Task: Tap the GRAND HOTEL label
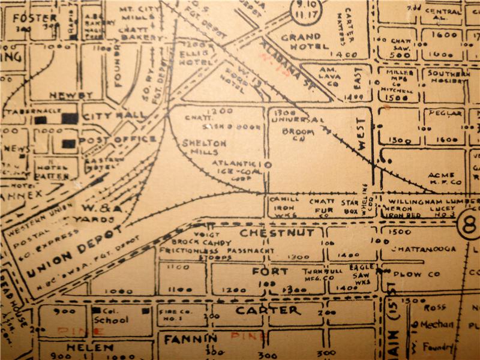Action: [309, 41]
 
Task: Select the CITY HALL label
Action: [114, 115]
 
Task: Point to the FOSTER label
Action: [34, 18]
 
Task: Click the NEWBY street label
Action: [71, 95]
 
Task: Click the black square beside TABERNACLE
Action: [41, 120]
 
